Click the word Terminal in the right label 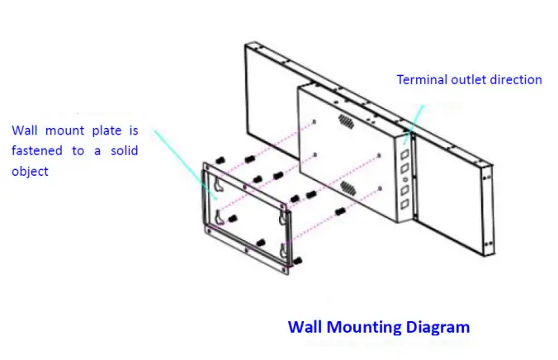pos(422,80)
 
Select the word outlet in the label pos(467,80)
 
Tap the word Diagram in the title pos(438,327)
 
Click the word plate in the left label pos(106,130)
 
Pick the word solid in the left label pos(121,151)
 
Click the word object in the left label pos(30,171)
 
